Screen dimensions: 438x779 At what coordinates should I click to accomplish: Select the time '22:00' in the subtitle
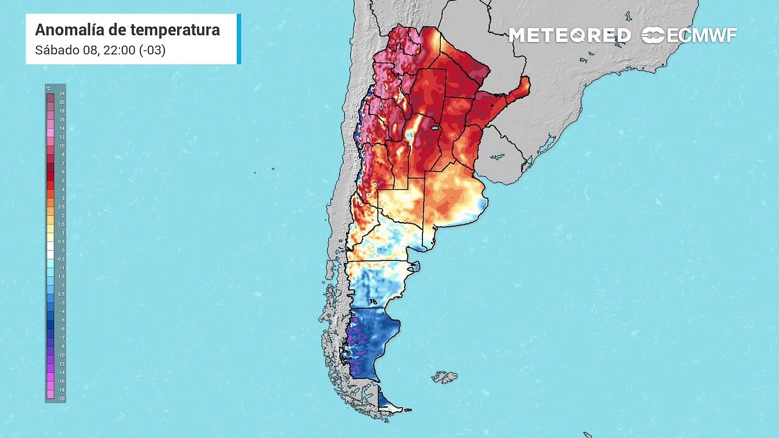[x=121, y=50]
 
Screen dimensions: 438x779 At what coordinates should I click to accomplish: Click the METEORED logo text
[x=570, y=35]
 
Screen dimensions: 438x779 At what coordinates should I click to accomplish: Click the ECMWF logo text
[x=700, y=35]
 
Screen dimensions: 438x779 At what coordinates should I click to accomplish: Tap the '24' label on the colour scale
[x=61, y=94]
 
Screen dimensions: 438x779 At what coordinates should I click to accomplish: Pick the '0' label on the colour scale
[x=61, y=250]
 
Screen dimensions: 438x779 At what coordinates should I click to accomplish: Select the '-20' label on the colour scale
[x=61, y=398]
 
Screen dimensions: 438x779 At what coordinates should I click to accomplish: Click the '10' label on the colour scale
[x=61, y=146]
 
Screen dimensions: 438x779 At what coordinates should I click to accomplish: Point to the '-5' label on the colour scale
[x=61, y=319]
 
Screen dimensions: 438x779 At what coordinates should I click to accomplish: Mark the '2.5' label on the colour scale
[x=61, y=207]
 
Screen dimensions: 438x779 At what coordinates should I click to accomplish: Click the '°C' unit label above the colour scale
[x=49, y=88]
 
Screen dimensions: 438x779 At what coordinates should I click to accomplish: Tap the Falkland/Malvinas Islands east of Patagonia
[x=445, y=377]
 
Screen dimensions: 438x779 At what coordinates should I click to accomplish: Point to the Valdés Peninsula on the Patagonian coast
[x=414, y=266]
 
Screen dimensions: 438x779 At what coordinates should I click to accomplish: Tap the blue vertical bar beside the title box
[x=239, y=39]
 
